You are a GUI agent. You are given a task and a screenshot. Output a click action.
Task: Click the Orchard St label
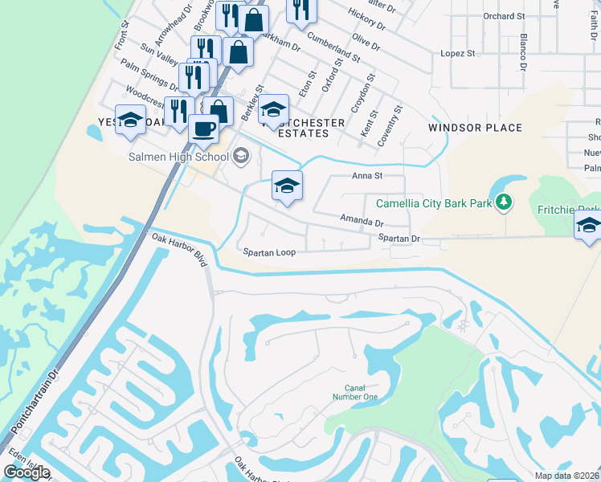pos(504,16)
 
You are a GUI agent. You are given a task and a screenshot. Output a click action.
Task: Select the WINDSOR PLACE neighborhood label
pos(475,128)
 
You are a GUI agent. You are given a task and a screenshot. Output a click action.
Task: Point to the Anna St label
pos(366,175)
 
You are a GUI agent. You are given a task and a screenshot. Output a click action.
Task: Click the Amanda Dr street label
pos(362,220)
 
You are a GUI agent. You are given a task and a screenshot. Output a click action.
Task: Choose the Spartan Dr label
pos(399,239)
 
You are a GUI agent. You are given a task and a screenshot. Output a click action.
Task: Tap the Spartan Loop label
pos(270,252)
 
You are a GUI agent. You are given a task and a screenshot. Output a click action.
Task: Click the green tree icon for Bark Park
pos(504,203)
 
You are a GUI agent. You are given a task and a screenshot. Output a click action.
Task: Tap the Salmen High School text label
pos(178,157)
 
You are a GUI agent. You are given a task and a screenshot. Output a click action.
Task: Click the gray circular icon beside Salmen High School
pos(239,157)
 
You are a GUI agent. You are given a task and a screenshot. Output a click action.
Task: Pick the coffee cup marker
pos(203,128)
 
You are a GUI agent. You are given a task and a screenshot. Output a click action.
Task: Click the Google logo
pos(26,472)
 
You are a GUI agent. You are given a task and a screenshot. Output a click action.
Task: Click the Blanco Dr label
pos(522,51)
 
